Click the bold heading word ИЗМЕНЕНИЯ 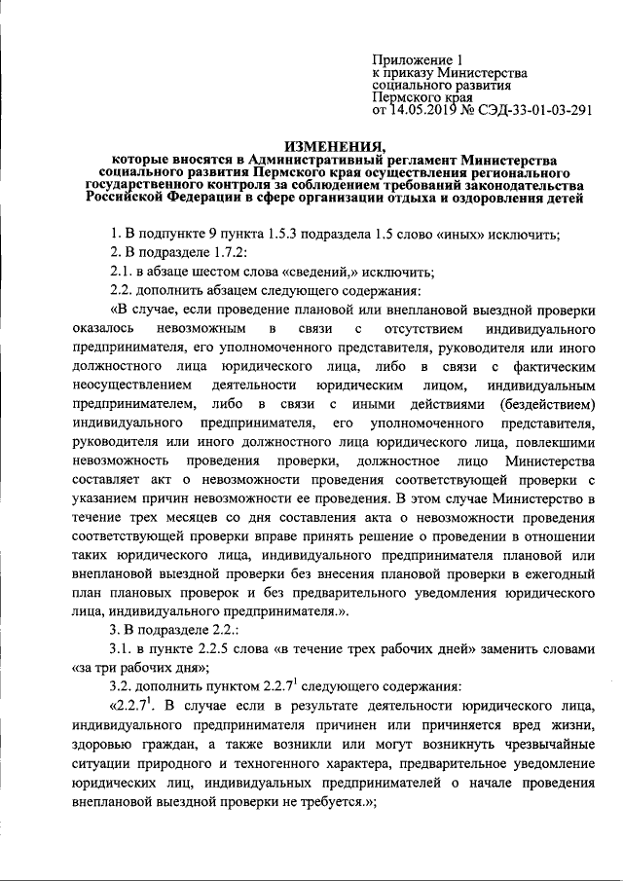[334, 144]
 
